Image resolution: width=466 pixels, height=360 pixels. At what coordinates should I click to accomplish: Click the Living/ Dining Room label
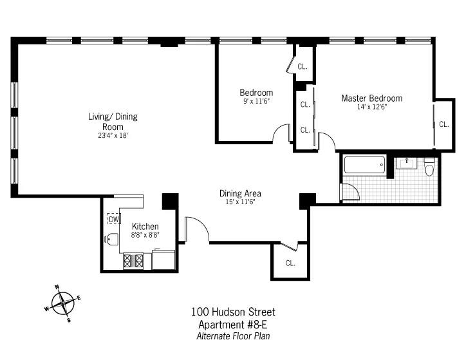[113, 122]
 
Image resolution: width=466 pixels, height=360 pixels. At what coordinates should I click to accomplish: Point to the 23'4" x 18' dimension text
[113, 136]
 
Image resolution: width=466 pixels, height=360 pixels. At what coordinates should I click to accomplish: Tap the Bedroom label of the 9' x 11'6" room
[256, 93]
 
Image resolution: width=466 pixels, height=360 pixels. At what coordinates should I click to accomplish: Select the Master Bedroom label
[371, 99]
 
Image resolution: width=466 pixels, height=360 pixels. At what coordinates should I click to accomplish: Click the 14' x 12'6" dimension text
[371, 107]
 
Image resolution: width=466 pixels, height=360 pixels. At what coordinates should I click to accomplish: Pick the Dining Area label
[240, 193]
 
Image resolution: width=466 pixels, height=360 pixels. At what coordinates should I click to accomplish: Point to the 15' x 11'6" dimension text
[240, 202]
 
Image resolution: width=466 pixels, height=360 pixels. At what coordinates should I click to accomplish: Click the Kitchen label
[145, 227]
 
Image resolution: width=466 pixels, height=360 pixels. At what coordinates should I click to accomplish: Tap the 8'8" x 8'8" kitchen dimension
[145, 236]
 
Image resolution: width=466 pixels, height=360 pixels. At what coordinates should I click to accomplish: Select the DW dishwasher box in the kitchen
[113, 220]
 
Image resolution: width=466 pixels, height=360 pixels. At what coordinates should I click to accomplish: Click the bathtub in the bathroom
[365, 164]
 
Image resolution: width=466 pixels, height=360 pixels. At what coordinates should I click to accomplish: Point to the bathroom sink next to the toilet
[406, 163]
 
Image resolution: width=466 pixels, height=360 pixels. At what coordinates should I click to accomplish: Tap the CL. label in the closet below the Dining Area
[290, 263]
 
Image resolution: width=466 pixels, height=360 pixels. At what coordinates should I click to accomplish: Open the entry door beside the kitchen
[196, 229]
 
